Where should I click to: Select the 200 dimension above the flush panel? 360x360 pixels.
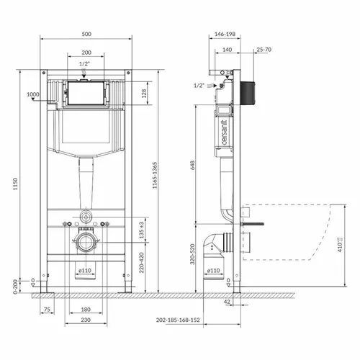86,53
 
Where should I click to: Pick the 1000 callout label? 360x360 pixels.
32,94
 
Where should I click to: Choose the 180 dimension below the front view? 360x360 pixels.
86,310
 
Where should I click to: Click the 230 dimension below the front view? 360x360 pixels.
86,320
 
